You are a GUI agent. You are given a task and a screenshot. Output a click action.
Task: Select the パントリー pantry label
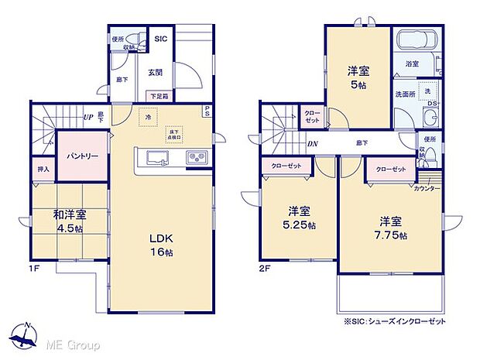[x=81, y=156]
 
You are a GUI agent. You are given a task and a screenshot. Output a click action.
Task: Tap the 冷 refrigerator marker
[x=147, y=116]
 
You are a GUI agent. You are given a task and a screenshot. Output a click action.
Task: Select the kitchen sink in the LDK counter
[x=154, y=159]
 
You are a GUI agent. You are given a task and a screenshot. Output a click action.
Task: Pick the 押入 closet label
[x=43, y=169]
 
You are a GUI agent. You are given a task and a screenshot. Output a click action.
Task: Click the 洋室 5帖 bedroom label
[x=358, y=78]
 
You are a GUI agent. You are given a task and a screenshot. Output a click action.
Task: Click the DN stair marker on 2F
[x=310, y=144]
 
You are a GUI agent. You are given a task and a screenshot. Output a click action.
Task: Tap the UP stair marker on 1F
[x=89, y=118]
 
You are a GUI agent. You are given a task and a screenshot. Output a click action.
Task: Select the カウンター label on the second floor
[x=427, y=189]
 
